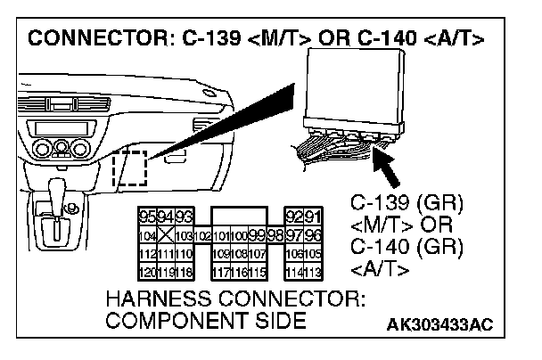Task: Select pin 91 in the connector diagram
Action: click(x=313, y=217)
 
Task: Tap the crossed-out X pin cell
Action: click(x=161, y=236)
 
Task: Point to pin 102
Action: click(x=202, y=236)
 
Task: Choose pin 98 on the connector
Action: click(x=275, y=236)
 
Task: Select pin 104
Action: click(x=145, y=236)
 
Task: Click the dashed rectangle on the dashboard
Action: click(x=129, y=168)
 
